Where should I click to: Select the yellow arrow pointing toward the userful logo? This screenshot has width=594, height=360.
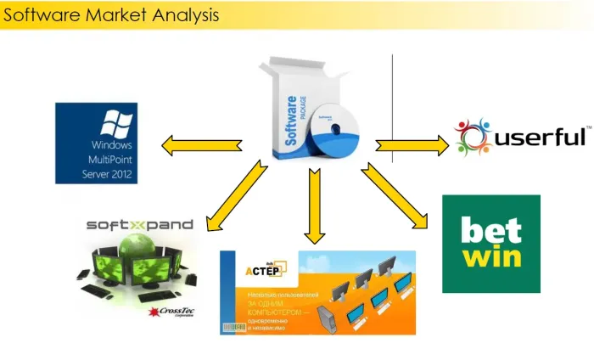point(412,145)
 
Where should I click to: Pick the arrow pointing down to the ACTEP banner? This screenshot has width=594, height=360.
point(315,205)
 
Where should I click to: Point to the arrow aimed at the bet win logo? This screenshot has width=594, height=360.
point(394,196)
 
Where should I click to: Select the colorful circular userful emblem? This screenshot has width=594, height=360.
point(474,138)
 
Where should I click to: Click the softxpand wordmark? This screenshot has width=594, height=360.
point(140,225)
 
